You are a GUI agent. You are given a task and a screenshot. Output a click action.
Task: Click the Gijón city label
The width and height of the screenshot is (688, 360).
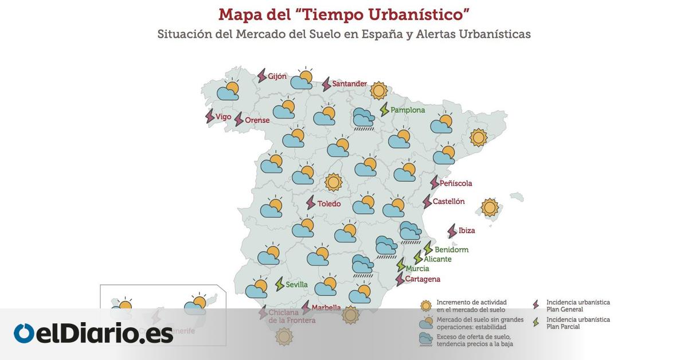pyautogui.click(x=277, y=76)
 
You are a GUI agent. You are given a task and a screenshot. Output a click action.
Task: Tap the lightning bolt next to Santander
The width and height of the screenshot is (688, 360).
pyautogui.click(x=326, y=84)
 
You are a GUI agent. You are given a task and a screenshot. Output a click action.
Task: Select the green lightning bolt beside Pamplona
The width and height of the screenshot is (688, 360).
pyautogui.click(x=384, y=109)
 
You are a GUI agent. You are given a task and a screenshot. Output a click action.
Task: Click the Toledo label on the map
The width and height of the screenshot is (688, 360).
pyautogui.click(x=329, y=204)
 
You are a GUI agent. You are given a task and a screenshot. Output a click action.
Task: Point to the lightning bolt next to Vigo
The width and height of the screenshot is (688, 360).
pyautogui.click(x=210, y=116)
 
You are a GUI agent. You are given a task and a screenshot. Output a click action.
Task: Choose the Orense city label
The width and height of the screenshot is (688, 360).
pyautogui.click(x=257, y=120)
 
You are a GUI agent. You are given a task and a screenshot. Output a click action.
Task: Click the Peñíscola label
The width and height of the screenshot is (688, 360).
pyautogui.click(x=456, y=183)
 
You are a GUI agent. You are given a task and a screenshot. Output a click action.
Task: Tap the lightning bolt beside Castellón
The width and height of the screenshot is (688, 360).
pyautogui.click(x=427, y=202)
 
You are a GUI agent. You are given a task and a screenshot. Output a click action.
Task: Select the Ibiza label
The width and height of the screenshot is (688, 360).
pyautogui.click(x=467, y=230)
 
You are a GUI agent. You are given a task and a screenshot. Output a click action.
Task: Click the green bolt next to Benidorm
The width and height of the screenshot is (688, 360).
pyautogui.click(x=428, y=248)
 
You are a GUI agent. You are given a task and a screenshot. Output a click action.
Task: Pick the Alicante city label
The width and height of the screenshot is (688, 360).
pyautogui.click(x=437, y=259)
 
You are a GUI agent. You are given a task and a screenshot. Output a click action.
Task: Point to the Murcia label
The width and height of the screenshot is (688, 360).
pyautogui.click(x=417, y=268)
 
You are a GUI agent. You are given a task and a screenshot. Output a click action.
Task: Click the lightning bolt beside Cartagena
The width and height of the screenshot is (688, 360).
pyautogui.click(x=400, y=280)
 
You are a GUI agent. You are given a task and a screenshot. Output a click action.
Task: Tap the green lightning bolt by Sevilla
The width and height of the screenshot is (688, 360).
pyautogui.click(x=280, y=284)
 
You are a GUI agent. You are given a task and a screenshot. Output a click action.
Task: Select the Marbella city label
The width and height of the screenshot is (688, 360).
pyautogui.click(x=326, y=308)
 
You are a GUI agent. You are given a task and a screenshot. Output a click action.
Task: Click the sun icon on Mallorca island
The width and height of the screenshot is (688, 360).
pyautogui.click(x=490, y=208)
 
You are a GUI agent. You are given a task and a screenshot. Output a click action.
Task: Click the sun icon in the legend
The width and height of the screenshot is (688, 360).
pyautogui.click(x=425, y=306)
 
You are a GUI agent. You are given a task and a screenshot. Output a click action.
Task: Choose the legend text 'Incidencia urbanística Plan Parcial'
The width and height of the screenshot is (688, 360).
pyautogui.click(x=578, y=323)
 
